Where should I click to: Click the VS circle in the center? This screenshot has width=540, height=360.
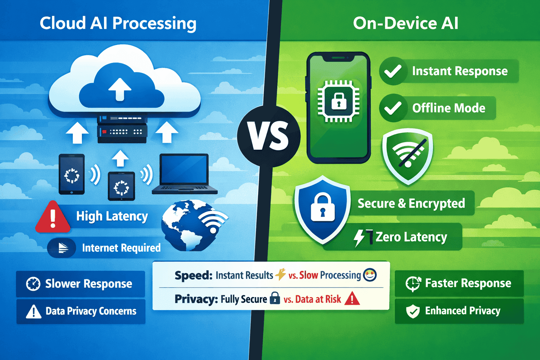(269, 136)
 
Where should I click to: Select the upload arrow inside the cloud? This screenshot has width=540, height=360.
(120, 89)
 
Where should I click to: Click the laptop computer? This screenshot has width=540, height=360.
(185, 174)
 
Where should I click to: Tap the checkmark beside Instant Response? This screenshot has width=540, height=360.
(393, 71)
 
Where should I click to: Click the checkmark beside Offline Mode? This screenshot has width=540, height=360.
(393, 108)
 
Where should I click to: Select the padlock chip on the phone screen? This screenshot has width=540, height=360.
(339, 101)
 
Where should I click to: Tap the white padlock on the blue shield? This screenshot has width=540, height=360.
(322, 208)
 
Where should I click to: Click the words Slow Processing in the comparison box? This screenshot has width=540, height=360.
(330, 275)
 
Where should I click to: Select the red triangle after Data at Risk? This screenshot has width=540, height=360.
(352, 299)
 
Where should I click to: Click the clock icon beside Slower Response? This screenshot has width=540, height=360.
(33, 284)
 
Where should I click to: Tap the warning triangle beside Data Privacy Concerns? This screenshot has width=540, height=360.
(34, 311)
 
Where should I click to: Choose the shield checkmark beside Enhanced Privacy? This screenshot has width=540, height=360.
(413, 311)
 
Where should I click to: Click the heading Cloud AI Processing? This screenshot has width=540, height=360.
(118, 24)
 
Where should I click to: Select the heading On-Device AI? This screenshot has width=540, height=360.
(406, 24)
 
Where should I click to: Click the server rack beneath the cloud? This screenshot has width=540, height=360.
(122, 130)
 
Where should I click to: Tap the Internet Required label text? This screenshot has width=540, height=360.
(121, 248)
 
